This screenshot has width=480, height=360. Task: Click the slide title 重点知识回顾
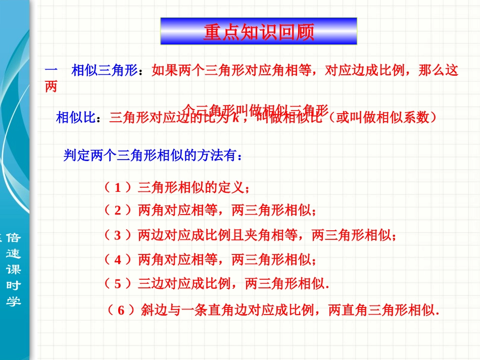[259, 32]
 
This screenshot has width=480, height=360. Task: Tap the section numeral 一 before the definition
[52, 71]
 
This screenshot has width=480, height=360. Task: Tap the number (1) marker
[118, 188]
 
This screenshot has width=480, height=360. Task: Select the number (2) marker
[118, 210]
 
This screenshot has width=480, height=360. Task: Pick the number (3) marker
[118, 235]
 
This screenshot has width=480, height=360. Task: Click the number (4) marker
[118, 260]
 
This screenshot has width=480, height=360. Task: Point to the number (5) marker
[118, 284]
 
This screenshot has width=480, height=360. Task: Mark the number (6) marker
[121, 311]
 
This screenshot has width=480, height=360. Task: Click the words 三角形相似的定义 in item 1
[190, 188]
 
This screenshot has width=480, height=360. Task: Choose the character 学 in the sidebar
[13, 301]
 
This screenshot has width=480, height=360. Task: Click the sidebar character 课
[13, 270]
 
